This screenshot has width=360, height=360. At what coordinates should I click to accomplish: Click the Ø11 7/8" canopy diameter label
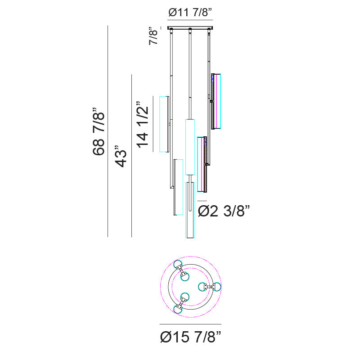tap(190, 12)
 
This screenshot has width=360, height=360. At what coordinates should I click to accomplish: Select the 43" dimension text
tap(121, 156)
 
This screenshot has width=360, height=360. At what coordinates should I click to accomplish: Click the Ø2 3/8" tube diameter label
tap(224, 211)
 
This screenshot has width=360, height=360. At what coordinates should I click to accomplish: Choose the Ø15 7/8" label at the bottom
tap(190, 337)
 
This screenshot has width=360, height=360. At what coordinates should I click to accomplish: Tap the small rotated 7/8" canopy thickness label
tap(153, 36)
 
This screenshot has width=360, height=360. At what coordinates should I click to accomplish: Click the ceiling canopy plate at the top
tap(190, 28)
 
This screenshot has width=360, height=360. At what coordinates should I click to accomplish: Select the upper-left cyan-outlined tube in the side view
tap(164, 124)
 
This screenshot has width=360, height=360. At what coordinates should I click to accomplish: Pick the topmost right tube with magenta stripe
tap(216, 102)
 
